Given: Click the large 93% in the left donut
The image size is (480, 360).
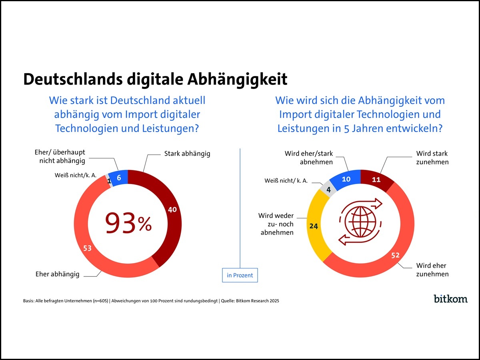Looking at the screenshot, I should pos(128,223).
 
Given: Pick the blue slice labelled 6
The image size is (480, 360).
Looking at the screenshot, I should pos(119,178).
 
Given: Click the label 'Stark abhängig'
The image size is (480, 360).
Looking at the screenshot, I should pos(187,154).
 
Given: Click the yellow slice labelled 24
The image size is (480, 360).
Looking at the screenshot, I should pos(314,226).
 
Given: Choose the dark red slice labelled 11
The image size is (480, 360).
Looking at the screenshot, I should pos(376,180).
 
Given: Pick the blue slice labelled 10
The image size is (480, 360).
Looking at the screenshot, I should pos(346,179).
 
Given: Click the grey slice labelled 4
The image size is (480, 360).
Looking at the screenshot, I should pos(329,190).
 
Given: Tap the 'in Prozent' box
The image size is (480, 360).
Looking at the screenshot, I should pos(240,275).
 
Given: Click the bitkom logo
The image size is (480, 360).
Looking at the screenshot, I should pos(450,299).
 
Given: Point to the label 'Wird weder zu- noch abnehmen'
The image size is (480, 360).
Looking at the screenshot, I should pos(276,224).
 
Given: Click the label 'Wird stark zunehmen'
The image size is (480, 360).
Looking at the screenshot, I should pos(432,158).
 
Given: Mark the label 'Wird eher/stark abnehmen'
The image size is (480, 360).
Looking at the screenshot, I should pos(308,158).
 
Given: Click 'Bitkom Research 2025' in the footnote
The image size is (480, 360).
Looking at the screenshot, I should pos(258,301).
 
